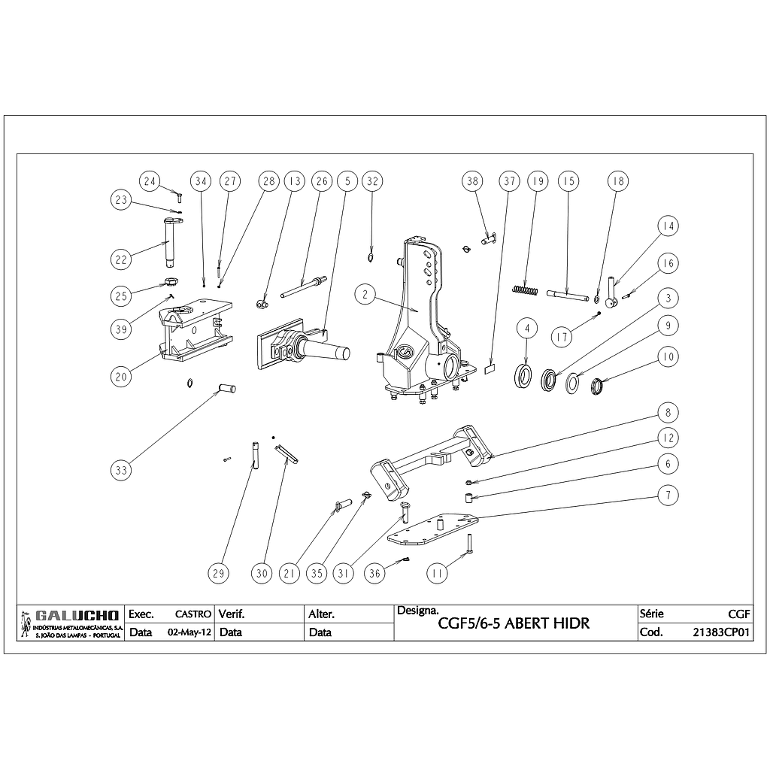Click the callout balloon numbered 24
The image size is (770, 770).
[x=150, y=181]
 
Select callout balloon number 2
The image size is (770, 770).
[x=365, y=295]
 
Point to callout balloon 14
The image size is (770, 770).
[x=668, y=226]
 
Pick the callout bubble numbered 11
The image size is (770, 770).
[x=436, y=573]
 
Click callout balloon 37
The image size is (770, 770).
[x=510, y=181]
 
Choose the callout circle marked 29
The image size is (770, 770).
[x=218, y=573]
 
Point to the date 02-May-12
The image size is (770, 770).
[x=188, y=632]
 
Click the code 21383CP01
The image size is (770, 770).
[x=722, y=632]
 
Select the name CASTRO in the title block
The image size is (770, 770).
[x=193, y=614]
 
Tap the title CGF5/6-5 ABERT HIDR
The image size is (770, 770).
[x=514, y=624]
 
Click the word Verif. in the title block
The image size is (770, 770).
[x=232, y=614]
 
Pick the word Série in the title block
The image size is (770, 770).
[x=651, y=614]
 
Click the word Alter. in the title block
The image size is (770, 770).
[x=322, y=614]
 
